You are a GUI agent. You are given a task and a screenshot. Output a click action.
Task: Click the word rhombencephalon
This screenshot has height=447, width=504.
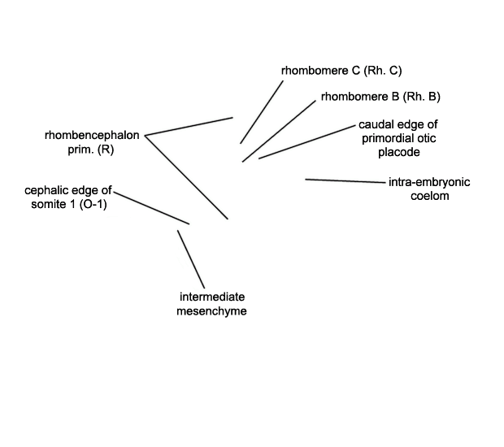[x=92, y=135]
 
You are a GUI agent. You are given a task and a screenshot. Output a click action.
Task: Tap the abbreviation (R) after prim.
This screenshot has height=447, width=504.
[x=106, y=150]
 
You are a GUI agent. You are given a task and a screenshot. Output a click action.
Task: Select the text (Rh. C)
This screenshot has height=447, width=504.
[x=383, y=71]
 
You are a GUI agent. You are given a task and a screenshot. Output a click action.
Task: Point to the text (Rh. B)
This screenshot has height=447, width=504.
[x=421, y=97]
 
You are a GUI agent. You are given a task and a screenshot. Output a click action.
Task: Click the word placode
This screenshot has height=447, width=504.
[x=399, y=152]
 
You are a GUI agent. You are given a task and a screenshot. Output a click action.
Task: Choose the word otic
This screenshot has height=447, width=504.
[x=427, y=138]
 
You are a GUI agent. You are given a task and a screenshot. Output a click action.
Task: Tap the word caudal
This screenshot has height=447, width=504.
[x=375, y=124]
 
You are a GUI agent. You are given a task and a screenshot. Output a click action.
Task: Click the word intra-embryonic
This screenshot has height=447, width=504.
[x=429, y=182]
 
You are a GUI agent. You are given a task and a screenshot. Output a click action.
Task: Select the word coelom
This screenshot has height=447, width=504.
[x=430, y=196]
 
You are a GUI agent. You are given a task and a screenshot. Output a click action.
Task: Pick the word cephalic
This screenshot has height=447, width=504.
[x=46, y=190]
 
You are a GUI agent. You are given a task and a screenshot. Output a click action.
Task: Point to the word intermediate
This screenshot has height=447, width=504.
[x=212, y=297]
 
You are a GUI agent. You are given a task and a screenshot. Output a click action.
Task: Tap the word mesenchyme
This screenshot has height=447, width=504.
[x=211, y=311]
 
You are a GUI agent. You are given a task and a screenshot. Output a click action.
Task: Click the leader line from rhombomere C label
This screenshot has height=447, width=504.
[x=262, y=112]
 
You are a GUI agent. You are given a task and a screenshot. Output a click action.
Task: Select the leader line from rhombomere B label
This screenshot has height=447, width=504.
[x=279, y=131]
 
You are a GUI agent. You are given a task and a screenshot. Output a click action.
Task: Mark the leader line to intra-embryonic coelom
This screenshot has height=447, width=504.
[x=345, y=181]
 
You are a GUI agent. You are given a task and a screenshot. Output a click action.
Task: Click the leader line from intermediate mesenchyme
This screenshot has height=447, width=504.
[x=191, y=259]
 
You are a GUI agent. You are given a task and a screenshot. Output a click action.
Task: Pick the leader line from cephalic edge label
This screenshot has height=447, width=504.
[x=151, y=208]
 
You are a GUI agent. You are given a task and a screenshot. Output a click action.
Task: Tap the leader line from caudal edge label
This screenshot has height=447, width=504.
[x=307, y=142]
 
